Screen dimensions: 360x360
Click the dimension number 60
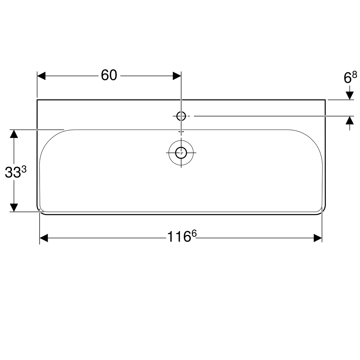109,75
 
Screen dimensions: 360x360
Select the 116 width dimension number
179,236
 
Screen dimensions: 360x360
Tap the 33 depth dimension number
13,172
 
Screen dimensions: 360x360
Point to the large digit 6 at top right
347,78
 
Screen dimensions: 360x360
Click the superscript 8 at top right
354,74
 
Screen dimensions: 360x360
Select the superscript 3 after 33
24,169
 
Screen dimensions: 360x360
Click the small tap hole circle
181,116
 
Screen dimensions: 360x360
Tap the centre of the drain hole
181,153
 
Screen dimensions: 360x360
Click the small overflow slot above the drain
181,131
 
